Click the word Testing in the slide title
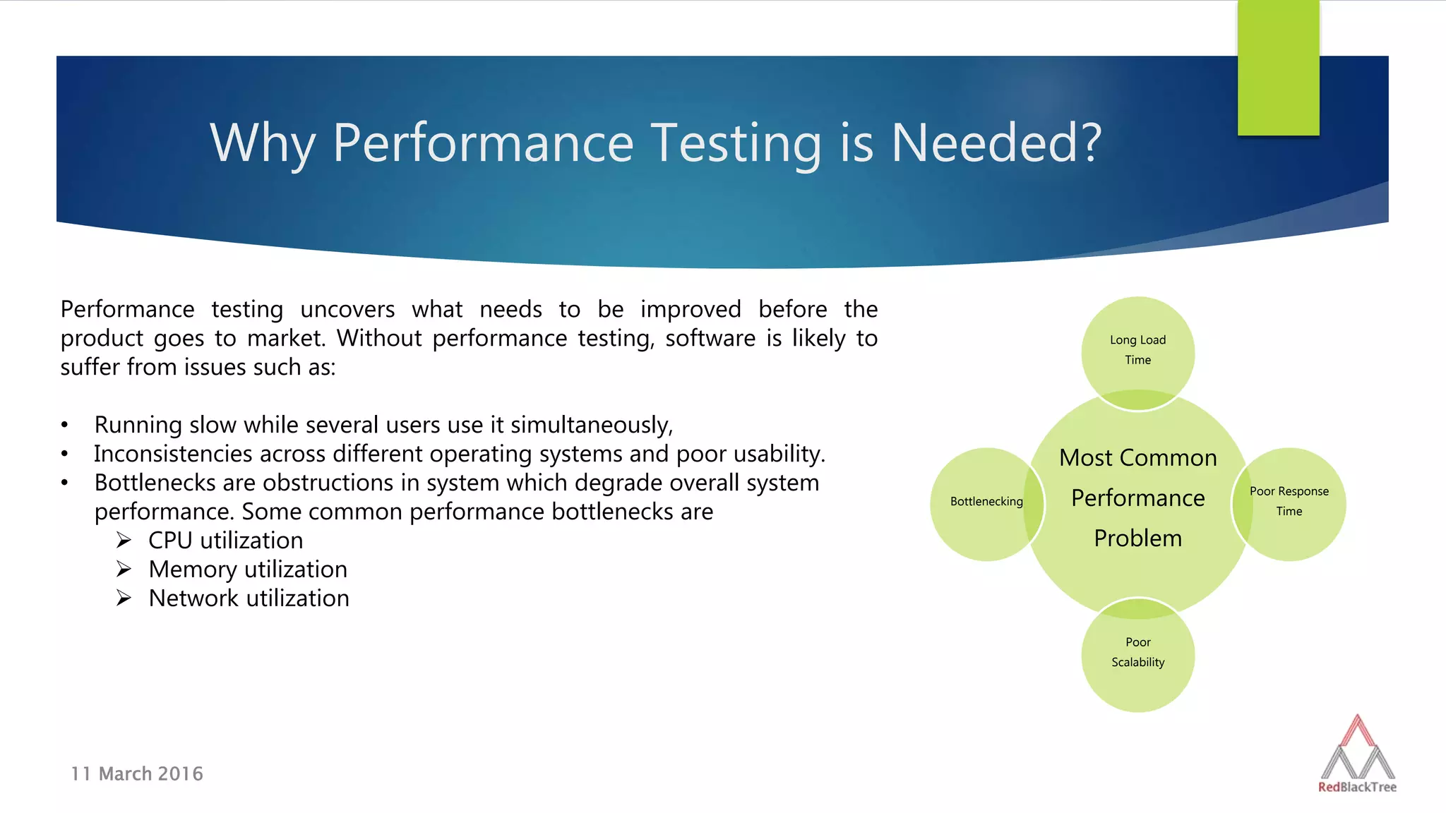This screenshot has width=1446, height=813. pos(736,143)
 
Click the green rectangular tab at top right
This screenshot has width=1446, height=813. pos(1278,68)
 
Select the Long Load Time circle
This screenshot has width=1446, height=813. pos(1137,350)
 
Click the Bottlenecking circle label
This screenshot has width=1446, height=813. pos(986,502)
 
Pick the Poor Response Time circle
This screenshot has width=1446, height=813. pos(1289,502)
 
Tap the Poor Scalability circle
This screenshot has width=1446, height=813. pos(1137,653)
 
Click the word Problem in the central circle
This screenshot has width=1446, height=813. pos(1137,538)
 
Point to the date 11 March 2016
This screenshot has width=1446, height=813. pos(137,774)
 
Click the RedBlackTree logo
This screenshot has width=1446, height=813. pos(1357,755)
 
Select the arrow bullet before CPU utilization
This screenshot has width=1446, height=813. pos(124,541)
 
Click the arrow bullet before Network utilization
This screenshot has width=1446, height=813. pos(124,598)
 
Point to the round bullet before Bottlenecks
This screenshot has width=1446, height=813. pos(64,483)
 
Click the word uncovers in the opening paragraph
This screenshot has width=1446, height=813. pos(347,310)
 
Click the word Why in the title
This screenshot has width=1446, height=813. pos(262,143)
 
